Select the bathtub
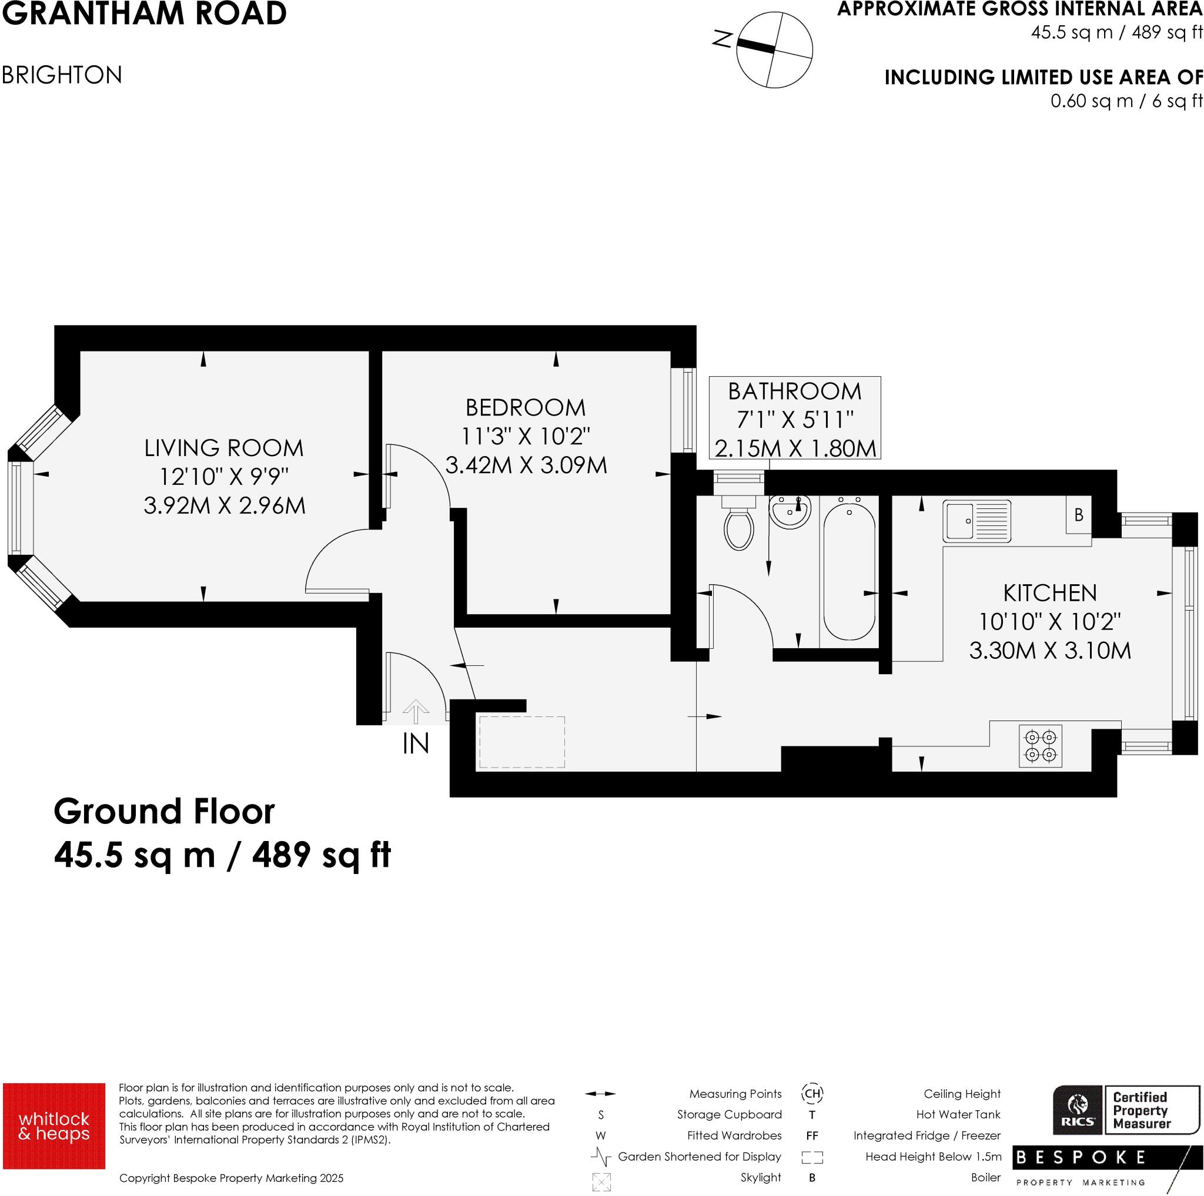[849, 570]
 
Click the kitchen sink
[976, 521]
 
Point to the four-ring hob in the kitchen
[1040, 746]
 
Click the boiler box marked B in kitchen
[1079, 515]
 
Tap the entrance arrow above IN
[416, 711]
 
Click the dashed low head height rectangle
[521, 742]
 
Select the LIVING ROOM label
[224, 448]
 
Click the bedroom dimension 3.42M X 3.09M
[526, 465]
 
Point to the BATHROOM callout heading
[795, 391]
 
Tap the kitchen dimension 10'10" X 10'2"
[1049, 621]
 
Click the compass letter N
[723, 40]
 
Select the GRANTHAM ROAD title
[144, 14]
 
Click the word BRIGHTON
[62, 75]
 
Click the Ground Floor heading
[164, 812]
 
